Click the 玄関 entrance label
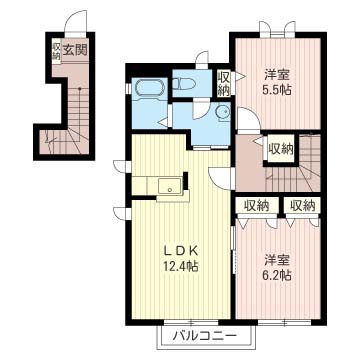point(75,50)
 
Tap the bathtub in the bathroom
point(150,90)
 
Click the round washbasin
point(222,111)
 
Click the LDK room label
point(180,250)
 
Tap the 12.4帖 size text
point(180,266)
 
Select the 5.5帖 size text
point(278,89)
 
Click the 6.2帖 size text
point(278,275)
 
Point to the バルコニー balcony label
point(204,335)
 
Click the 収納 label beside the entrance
point(56,50)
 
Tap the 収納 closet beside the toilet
point(224,83)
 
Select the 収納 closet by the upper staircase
point(281,150)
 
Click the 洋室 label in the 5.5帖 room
point(277,74)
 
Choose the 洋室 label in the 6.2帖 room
point(277,259)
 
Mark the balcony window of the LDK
point(191,322)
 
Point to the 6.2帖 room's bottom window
point(284,322)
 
